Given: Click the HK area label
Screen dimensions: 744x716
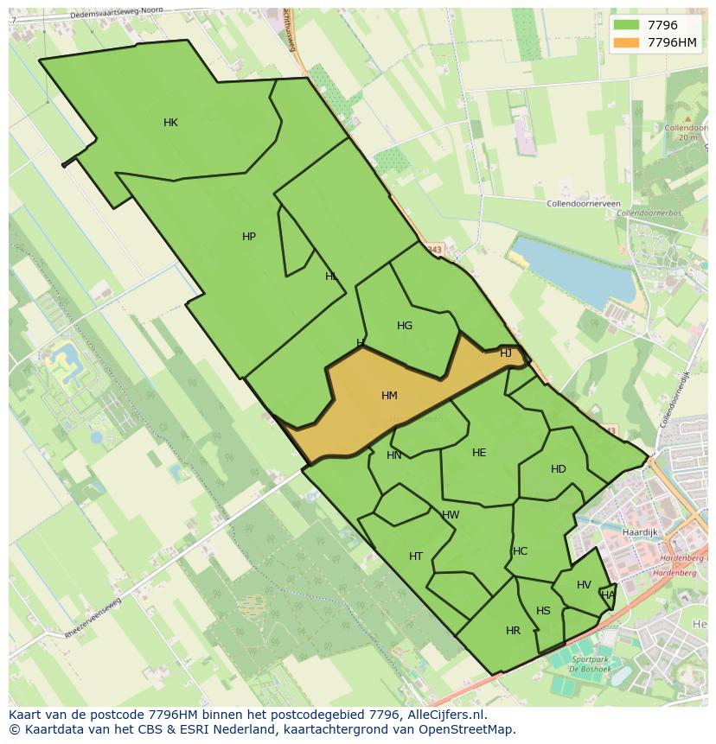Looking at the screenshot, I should (x=170, y=123).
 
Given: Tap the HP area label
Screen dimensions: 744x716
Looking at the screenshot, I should (x=249, y=237).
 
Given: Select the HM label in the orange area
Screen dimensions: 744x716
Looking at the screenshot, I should (x=389, y=396).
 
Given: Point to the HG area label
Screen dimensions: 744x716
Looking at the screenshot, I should (x=405, y=326).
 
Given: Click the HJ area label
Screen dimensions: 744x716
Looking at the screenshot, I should (x=506, y=353).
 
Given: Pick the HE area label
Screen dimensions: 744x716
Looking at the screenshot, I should (x=479, y=453).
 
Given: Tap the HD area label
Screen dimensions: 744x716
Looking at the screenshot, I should (x=559, y=469).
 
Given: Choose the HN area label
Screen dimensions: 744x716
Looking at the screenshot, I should (x=394, y=455).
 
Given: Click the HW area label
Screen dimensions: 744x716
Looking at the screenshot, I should (x=451, y=515).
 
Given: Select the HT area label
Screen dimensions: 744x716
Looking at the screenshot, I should (x=416, y=556).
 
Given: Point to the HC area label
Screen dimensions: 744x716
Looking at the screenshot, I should (x=520, y=551).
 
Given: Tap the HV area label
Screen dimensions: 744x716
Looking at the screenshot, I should (x=584, y=585).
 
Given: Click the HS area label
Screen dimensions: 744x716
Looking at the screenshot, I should (x=543, y=611).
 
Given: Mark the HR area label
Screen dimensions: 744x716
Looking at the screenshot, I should (x=513, y=631).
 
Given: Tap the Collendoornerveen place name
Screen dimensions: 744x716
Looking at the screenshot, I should (x=584, y=204).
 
